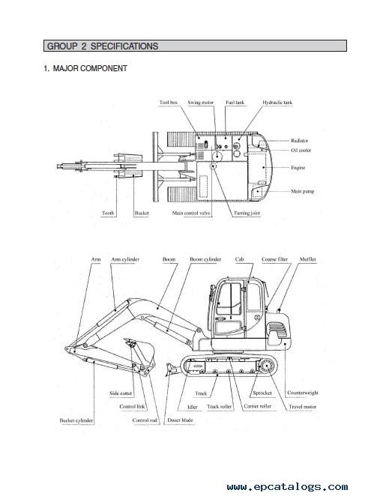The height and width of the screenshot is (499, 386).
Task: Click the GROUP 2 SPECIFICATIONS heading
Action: tap(103, 46)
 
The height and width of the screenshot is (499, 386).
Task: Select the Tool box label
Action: tap(169, 103)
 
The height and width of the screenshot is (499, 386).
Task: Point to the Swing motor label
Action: tap(201, 103)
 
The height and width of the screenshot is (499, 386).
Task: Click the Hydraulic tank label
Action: tap(277, 103)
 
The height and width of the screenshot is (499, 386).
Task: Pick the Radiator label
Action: tap(299, 141)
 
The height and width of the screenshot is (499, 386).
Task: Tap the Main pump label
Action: tap(303, 191)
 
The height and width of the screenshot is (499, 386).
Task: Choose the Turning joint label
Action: tap(247, 214)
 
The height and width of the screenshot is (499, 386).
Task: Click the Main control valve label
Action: tap(191, 214)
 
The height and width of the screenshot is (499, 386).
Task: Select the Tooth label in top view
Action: tap(108, 214)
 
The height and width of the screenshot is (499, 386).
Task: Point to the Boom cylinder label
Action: tap(205, 259)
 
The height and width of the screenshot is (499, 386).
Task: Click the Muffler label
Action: tap(308, 259)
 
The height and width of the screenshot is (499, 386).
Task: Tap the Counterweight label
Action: tap(303, 393)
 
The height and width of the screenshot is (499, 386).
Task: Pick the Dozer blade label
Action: tap(181, 420)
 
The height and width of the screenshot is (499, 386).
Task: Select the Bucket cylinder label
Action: tap(76, 420)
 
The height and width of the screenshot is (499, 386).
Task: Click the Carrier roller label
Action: tap(258, 406)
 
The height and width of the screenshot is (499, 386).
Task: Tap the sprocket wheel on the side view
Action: tap(266, 366)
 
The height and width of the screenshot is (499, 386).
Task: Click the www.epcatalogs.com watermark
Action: tap(288, 486)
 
